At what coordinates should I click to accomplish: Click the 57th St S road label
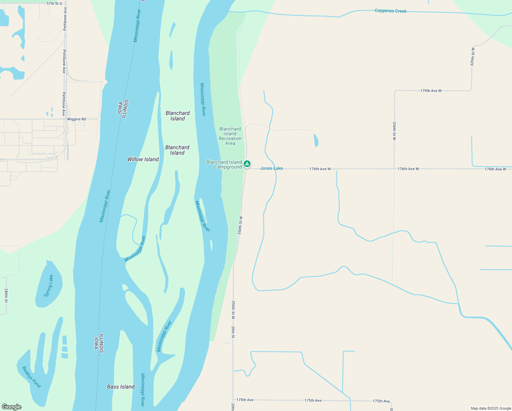pos(54,3)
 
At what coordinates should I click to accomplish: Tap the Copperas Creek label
pos(391,11)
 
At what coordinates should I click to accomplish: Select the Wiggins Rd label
pos(76,119)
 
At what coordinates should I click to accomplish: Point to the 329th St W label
pos(473,57)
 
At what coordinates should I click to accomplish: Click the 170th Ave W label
pos(431,91)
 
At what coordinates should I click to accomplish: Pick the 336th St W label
pos(394,131)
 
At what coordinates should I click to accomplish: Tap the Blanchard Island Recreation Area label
pos(230,136)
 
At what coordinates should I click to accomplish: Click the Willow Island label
pos(143,159)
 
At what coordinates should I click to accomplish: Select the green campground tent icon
pos(247,164)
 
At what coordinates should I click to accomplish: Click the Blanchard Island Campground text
pos(224,164)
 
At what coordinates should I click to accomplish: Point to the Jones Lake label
pos(271,168)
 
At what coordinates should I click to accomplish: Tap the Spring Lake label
pos(49,286)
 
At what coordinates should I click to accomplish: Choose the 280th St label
pos(6,295)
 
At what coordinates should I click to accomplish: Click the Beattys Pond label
pos(31,377)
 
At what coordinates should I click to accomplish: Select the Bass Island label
pos(121,387)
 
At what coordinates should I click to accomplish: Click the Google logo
pos(12,407)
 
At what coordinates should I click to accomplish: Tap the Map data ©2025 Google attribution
pos(491,408)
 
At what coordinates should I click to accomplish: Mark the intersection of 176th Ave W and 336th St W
pos(394,169)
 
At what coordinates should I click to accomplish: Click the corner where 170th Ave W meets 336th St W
pos(395,91)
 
